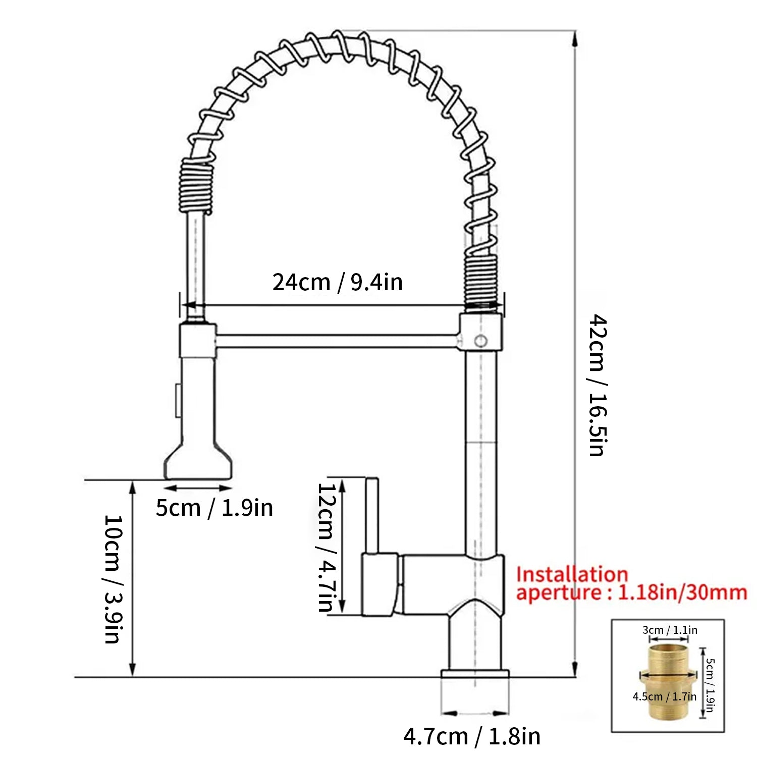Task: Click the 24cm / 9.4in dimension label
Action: [338, 282]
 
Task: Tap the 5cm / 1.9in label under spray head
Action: [214, 508]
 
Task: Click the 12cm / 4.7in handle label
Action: [326, 547]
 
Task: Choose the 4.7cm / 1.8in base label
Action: [472, 736]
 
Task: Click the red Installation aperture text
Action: [631, 584]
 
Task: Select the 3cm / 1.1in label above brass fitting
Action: [670, 630]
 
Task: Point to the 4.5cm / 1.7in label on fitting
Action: [664, 696]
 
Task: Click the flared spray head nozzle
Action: [198, 462]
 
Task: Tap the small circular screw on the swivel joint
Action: [481, 341]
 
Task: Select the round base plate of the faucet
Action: [475, 674]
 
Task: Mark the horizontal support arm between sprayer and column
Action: [337, 341]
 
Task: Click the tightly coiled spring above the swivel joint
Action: [480, 280]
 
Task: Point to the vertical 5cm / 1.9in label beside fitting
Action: [710, 685]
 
